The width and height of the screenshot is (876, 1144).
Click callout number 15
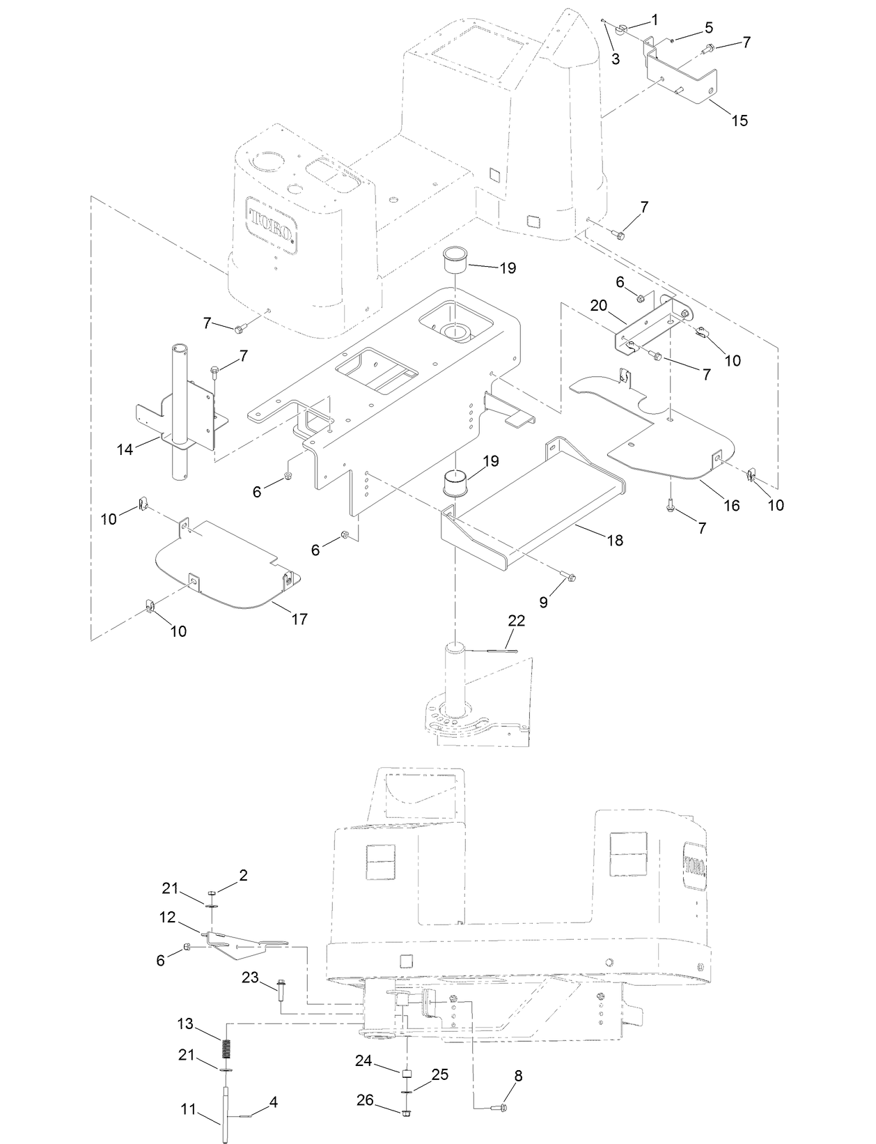click(x=740, y=121)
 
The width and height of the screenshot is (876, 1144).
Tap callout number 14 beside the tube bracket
click(x=125, y=450)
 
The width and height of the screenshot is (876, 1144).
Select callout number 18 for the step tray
click(x=614, y=540)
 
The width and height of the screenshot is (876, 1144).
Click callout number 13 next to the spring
click(x=185, y=1024)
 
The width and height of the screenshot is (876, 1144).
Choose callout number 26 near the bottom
click(x=365, y=1100)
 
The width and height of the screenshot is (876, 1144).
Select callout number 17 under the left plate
click(x=299, y=619)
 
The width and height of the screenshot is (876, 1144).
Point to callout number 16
click(x=731, y=506)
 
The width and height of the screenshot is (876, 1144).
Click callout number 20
click(x=598, y=305)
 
